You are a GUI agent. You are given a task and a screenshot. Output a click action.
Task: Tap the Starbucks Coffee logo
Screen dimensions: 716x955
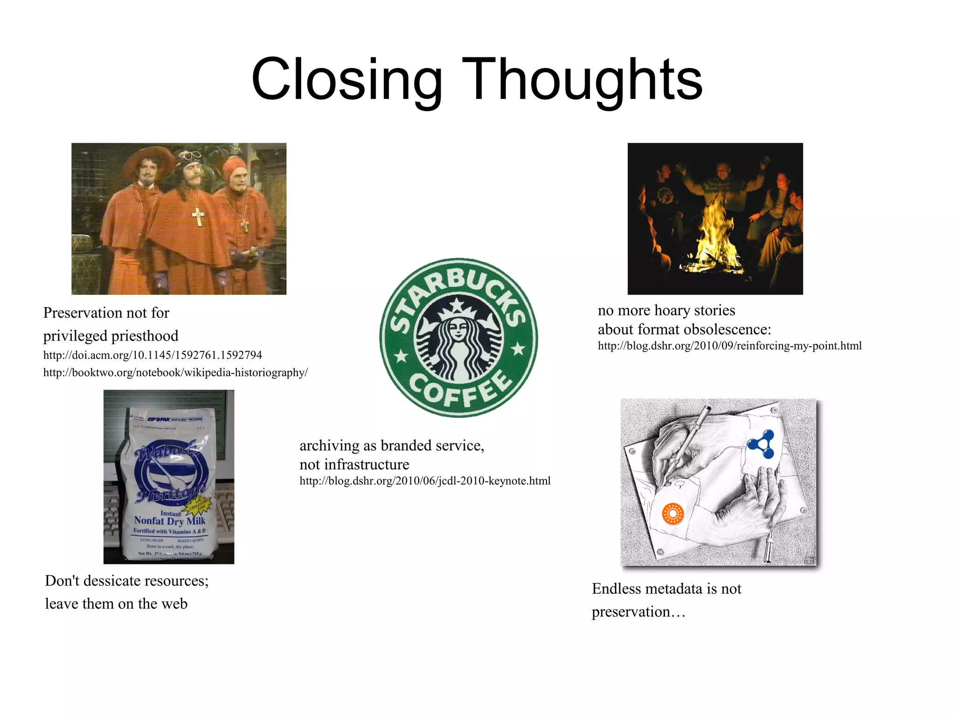pyautogui.click(x=458, y=337)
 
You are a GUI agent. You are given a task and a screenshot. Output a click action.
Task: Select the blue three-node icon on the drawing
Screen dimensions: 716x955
pyautogui.click(x=761, y=444)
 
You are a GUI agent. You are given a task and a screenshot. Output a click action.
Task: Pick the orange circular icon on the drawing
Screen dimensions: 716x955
pyautogui.click(x=672, y=514)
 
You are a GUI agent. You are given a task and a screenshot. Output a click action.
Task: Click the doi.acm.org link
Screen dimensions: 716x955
pyautogui.click(x=152, y=355)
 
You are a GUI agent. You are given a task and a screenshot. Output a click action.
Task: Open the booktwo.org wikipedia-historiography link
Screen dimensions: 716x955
pyautogui.click(x=175, y=372)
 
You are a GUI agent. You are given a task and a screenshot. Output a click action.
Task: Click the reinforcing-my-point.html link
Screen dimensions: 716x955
pyautogui.click(x=729, y=346)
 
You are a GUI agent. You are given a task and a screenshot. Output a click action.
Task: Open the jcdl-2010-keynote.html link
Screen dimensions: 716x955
pyautogui.click(x=425, y=481)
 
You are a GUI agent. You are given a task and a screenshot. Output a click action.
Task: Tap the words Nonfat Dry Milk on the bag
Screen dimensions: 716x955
pyautogui.click(x=169, y=521)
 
